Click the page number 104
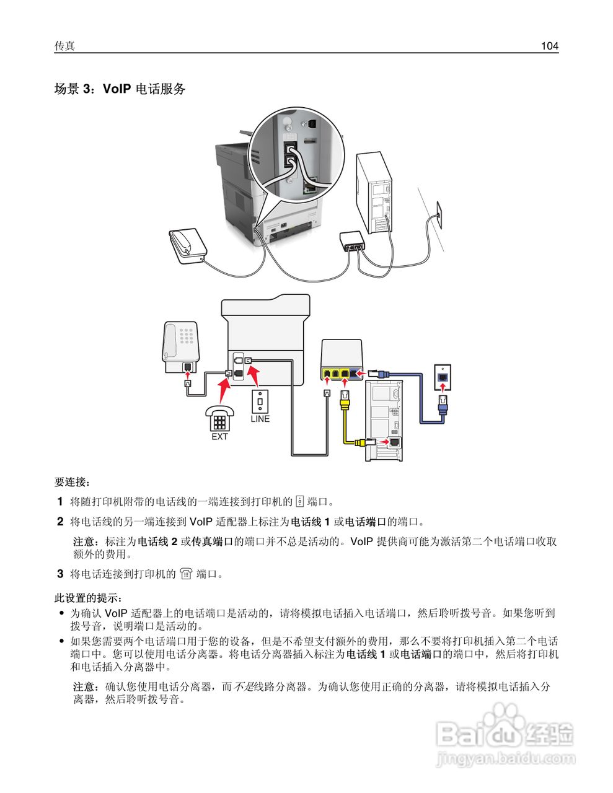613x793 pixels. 549,46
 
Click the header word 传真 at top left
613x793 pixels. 64,46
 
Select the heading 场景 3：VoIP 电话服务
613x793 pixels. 120,89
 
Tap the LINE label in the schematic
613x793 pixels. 260,419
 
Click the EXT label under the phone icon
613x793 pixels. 219,436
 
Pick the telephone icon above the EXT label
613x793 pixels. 220,418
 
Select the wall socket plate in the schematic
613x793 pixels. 443,377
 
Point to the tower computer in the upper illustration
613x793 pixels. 374,193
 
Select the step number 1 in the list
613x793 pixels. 60,501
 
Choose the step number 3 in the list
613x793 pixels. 60,574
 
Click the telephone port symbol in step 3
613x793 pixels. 186,574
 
